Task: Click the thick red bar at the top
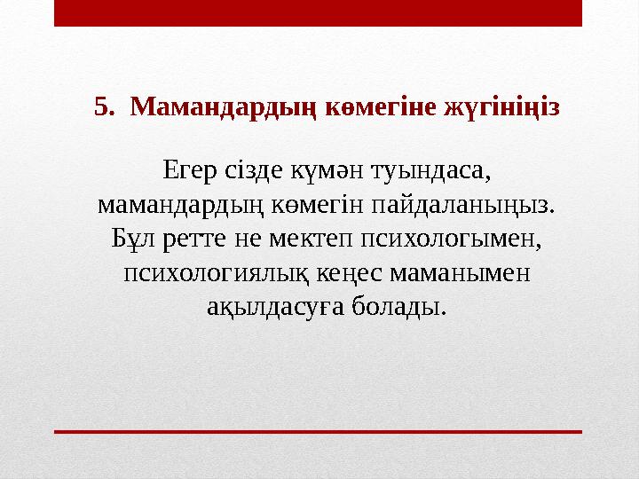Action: [x=318, y=12]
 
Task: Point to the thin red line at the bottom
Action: [x=318, y=431]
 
